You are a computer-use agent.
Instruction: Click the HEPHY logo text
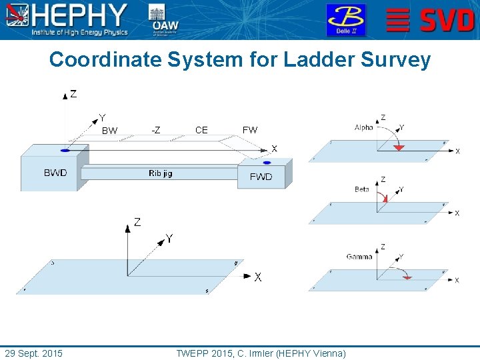point(80,15)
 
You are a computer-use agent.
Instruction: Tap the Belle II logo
point(345,20)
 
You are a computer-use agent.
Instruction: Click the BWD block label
point(55,173)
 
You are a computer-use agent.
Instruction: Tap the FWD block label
point(261,177)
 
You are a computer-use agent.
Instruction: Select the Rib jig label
point(160,173)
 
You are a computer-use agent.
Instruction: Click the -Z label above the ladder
point(155,130)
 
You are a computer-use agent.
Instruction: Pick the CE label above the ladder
point(201,130)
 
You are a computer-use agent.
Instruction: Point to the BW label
point(109,131)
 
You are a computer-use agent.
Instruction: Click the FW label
point(250,130)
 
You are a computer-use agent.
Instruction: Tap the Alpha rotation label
point(364,127)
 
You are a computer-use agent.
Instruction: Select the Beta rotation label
point(362,189)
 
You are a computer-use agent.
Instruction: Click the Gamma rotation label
point(359,257)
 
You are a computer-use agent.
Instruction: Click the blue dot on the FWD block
point(267,163)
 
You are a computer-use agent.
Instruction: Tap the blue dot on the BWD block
point(65,150)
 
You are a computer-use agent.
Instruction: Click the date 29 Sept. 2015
point(33,353)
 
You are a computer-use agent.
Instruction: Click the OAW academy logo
point(165,20)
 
